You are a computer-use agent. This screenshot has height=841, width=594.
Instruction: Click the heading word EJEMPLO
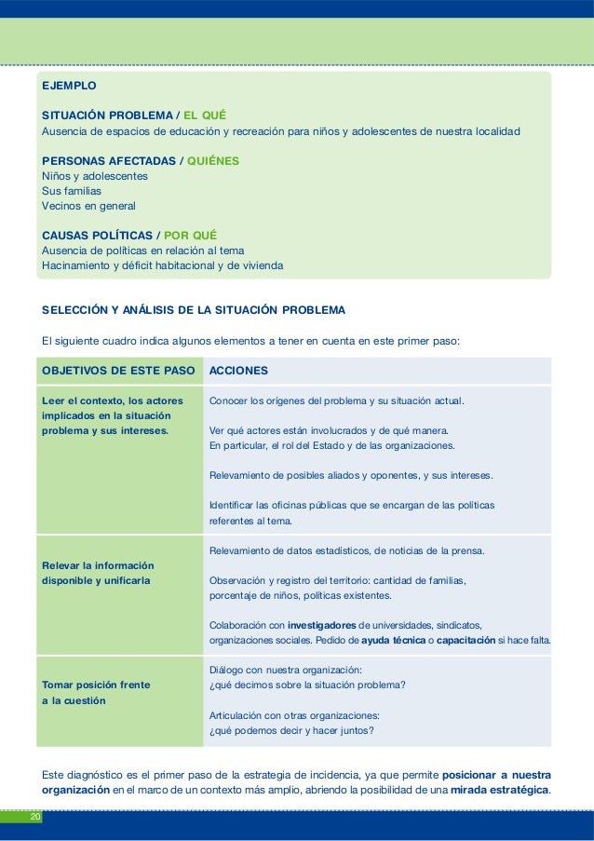click(x=69, y=85)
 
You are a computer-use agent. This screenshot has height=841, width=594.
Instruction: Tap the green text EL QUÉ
click(x=205, y=115)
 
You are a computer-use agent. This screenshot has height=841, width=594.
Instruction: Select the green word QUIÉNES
click(x=213, y=160)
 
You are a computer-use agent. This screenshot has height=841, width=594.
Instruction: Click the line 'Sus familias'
click(x=72, y=190)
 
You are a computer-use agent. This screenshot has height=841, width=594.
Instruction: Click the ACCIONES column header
click(x=239, y=371)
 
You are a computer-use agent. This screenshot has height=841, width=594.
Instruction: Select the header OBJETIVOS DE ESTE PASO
click(x=117, y=371)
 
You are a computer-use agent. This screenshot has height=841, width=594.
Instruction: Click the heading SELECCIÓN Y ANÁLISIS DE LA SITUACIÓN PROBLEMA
click(x=194, y=309)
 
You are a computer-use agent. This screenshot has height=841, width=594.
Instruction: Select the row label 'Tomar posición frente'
click(x=96, y=685)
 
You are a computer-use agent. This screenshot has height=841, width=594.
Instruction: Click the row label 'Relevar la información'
click(x=99, y=565)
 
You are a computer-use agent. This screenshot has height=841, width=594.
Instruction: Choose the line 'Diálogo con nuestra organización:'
click(x=285, y=670)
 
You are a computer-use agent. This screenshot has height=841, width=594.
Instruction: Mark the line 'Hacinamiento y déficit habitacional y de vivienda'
click(x=163, y=265)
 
